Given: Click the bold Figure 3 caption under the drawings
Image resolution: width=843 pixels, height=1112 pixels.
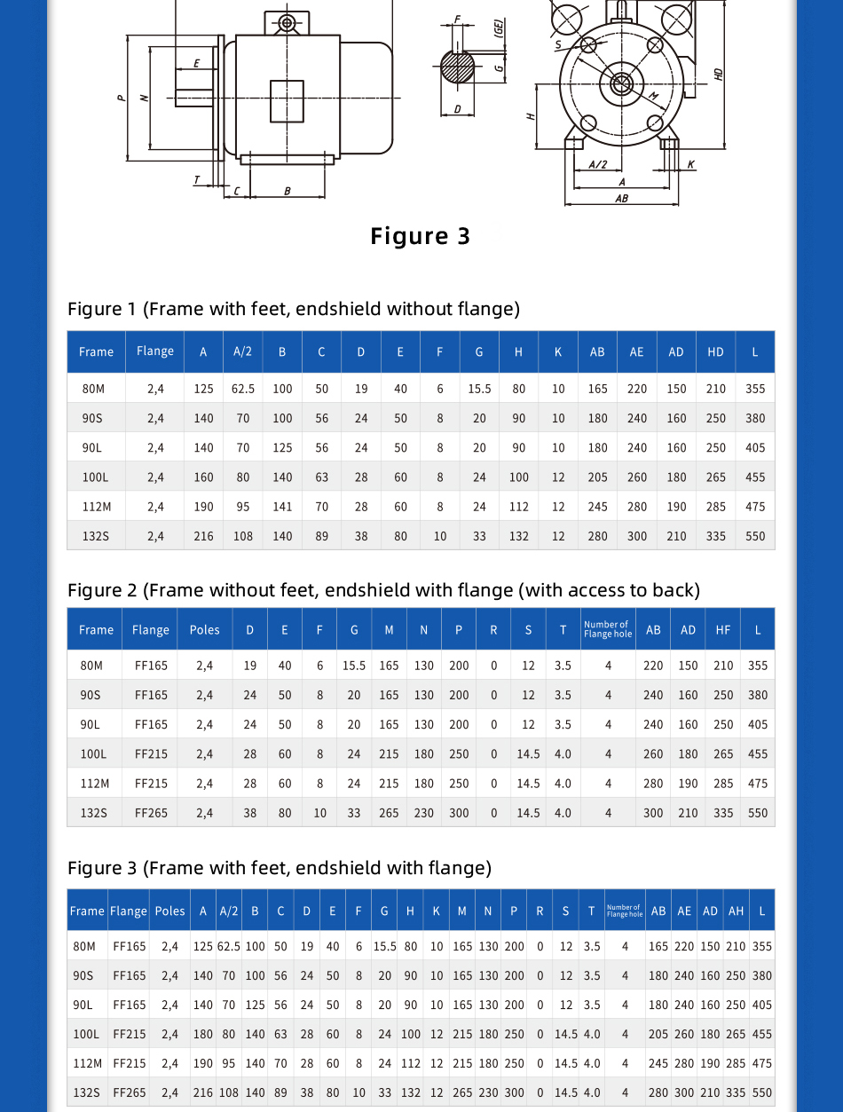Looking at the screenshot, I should [x=420, y=236].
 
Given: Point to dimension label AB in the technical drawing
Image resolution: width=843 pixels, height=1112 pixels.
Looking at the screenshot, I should [x=621, y=199].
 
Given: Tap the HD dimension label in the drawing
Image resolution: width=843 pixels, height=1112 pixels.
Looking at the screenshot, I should [x=719, y=75].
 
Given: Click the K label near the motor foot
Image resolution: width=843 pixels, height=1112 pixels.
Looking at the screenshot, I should [x=691, y=165].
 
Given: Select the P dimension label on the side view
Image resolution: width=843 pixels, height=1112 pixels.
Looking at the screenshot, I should [x=122, y=98].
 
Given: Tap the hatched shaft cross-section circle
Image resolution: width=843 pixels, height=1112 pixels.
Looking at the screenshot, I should [x=458, y=67].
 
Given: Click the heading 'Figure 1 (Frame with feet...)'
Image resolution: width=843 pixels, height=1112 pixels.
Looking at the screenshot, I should [x=294, y=309].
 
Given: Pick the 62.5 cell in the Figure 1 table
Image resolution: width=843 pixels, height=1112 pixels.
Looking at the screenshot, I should [x=243, y=389].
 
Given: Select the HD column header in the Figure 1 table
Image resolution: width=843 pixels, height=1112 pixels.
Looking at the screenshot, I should [x=716, y=352].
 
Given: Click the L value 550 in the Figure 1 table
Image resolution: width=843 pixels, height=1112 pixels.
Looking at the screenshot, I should [x=755, y=536].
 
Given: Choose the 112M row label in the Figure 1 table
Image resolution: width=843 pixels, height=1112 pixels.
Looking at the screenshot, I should [x=95, y=507].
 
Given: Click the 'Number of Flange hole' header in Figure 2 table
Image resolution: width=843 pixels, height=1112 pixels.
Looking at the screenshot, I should [x=608, y=629].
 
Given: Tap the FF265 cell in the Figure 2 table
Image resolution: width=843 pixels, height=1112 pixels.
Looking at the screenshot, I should [x=151, y=813].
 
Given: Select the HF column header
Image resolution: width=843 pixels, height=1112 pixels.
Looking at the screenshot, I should [x=723, y=630].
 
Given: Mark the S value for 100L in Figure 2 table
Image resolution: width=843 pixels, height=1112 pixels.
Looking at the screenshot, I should [x=528, y=754].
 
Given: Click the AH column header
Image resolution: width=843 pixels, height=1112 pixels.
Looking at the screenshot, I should [x=736, y=911].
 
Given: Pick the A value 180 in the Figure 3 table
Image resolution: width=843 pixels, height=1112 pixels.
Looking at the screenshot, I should [x=203, y=1034].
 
